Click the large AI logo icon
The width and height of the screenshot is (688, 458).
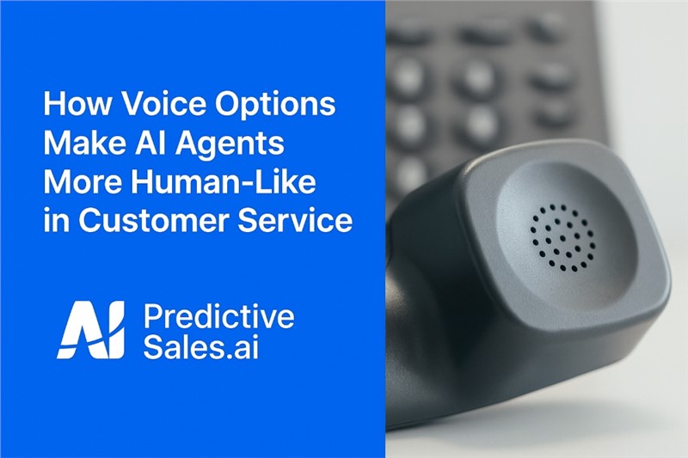tap(91, 330)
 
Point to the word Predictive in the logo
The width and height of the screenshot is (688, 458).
tap(218, 316)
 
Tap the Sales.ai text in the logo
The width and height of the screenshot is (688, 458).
tap(201, 347)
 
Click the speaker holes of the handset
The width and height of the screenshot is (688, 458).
tap(563, 237)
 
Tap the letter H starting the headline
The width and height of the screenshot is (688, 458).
tap(53, 104)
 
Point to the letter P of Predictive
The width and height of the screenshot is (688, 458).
tap(152, 316)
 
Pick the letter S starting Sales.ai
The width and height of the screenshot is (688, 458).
tap(152, 347)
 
